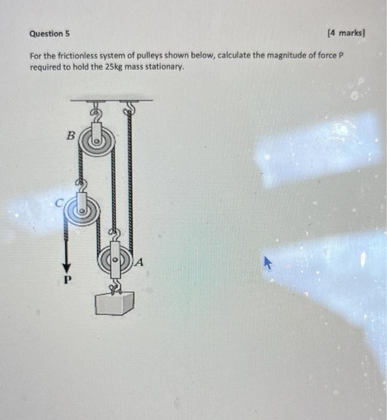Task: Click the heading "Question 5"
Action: tap(49, 34)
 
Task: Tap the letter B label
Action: tap(70, 137)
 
